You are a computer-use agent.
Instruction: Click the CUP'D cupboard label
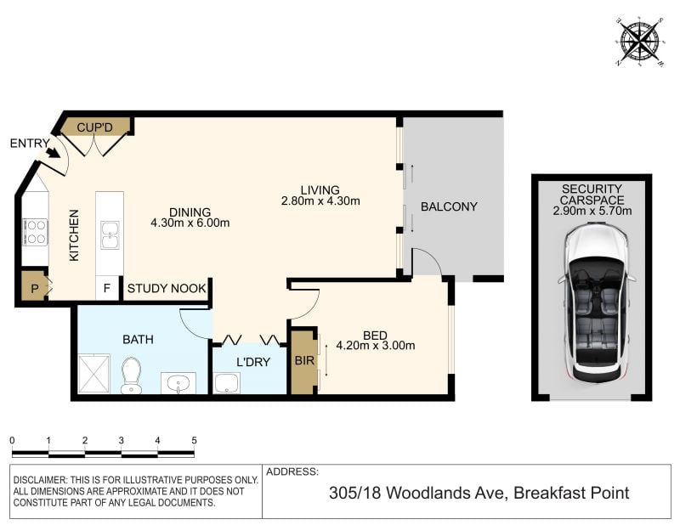click(94, 128)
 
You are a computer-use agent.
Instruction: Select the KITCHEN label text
click(74, 235)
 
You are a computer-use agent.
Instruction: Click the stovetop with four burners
click(36, 232)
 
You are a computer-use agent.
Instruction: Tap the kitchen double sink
click(110, 235)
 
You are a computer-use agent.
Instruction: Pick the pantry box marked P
click(34, 287)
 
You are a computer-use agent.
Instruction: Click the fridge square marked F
click(107, 288)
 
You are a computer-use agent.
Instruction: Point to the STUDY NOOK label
click(167, 289)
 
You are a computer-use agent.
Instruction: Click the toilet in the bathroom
click(131, 375)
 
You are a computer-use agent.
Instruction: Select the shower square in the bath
click(93, 374)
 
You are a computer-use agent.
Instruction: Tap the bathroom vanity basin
click(178, 383)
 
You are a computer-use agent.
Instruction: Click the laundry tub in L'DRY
click(227, 383)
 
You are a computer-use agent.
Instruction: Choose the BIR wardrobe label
click(304, 360)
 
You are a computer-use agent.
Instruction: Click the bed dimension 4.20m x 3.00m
click(376, 346)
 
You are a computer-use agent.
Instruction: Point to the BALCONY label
click(449, 206)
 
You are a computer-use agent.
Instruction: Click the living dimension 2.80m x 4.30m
click(320, 201)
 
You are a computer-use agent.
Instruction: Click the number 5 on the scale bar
click(194, 440)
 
